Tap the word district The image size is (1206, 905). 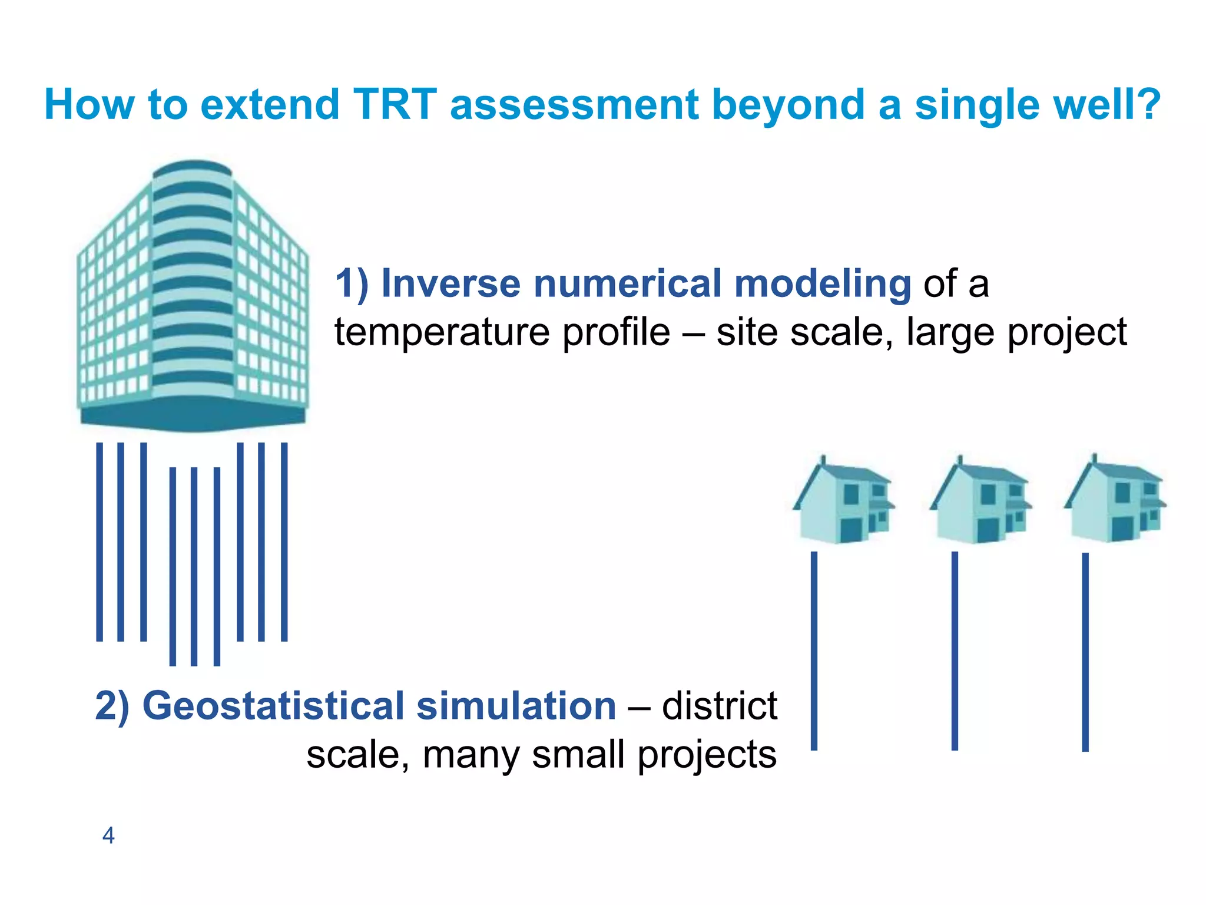click(x=719, y=706)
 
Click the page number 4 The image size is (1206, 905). click(x=108, y=835)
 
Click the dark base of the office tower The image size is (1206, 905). click(x=193, y=417)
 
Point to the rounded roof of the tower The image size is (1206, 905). click(x=193, y=167)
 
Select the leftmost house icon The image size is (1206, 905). click(x=843, y=501)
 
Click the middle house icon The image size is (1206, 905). click(x=980, y=501)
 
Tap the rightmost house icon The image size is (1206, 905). click(x=1115, y=501)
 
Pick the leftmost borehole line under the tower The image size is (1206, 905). click(x=100, y=541)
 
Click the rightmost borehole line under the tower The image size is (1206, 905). click(x=284, y=541)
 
